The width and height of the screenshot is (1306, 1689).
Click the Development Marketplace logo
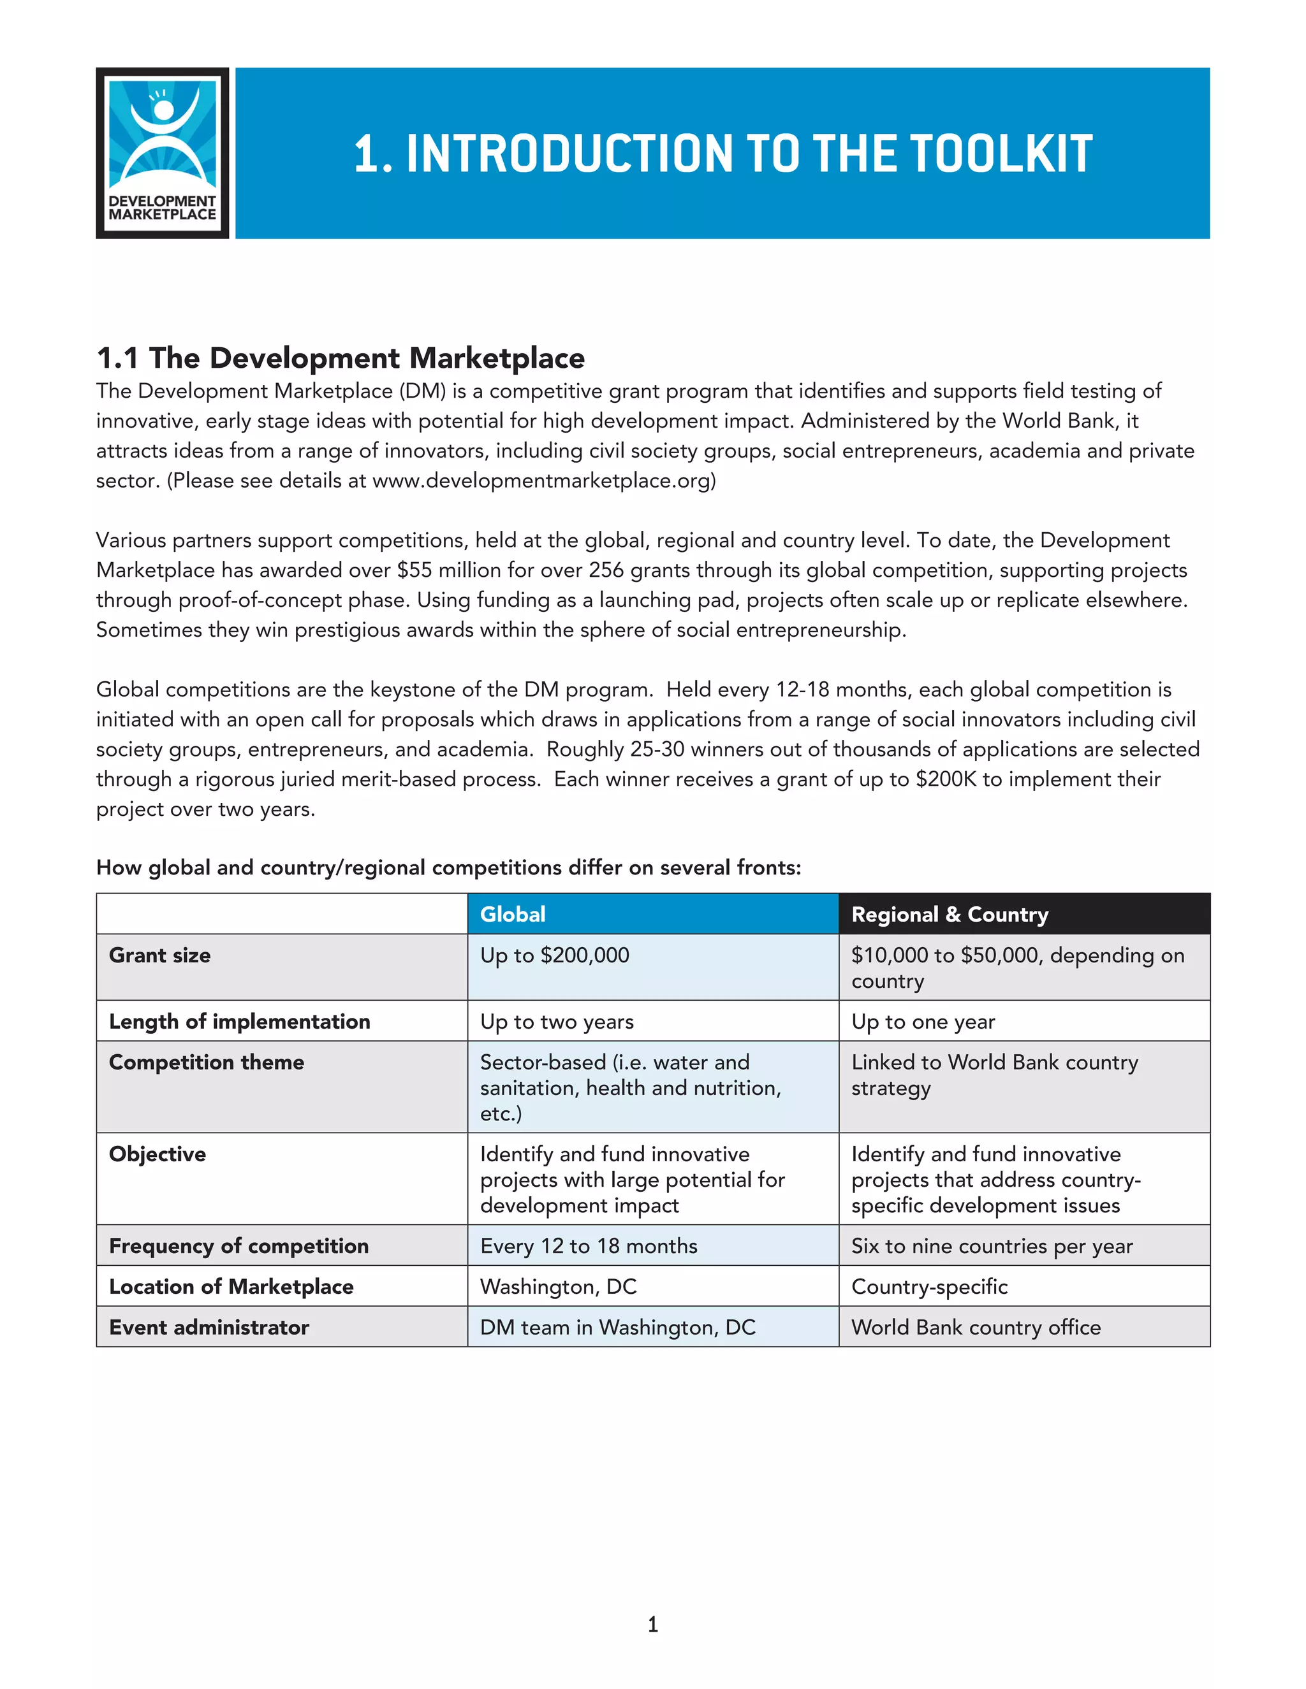pyautogui.click(x=163, y=153)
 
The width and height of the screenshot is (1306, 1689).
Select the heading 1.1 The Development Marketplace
pyautogui.click(x=341, y=358)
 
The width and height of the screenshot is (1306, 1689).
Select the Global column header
pyautogui.click(x=513, y=914)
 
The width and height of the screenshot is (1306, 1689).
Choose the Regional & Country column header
pyautogui.click(x=950, y=914)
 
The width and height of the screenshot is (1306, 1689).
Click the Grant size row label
pyautogui.click(x=159, y=955)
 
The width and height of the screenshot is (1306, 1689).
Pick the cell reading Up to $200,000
pyautogui.click(x=555, y=955)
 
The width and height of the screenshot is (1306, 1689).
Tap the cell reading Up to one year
pyautogui.click(x=922, y=1022)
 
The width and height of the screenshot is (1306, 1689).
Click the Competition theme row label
pyautogui.click(x=207, y=1062)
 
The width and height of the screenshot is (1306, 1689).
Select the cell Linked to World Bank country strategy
pyautogui.click(x=994, y=1075)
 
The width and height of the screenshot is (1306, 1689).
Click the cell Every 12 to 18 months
pyautogui.click(x=588, y=1246)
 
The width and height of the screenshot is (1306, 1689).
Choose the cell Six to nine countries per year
pyautogui.click(x=992, y=1246)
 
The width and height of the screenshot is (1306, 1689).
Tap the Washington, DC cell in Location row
pyautogui.click(x=558, y=1287)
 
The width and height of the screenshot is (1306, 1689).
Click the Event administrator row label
pyautogui.click(x=209, y=1327)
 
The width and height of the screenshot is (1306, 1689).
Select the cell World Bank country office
pyautogui.click(x=976, y=1327)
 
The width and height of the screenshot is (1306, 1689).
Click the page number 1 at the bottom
pyautogui.click(x=653, y=1624)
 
